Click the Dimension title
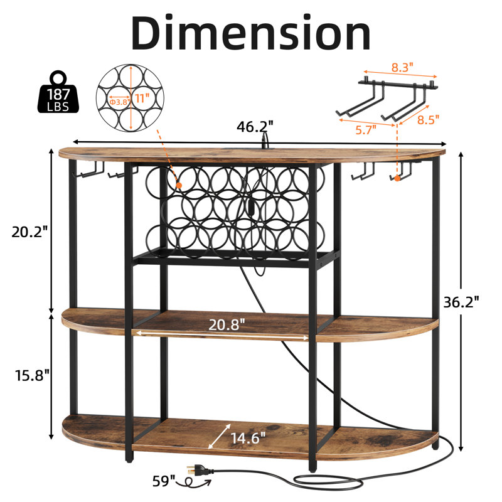pos(251,33)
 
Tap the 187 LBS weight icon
pos(58,92)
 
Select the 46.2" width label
pos(255,127)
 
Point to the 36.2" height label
pos(461,302)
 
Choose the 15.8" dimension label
pos(33,375)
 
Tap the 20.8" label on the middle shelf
pos(227,324)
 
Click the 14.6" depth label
pos(248,438)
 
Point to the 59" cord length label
pos(164,481)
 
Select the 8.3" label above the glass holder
pos(402,67)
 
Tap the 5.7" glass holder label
pos(366,130)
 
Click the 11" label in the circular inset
pos(142,98)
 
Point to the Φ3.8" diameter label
pos(120,102)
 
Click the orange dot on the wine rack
pos(179,185)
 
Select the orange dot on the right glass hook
pos(397,178)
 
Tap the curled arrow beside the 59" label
pos(195,482)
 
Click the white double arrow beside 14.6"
pos(219,436)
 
